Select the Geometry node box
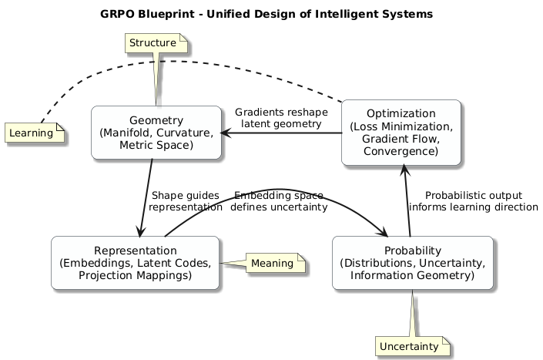(156, 133)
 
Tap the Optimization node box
(401, 133)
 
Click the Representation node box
(136, 263)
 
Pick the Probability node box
(412, 263)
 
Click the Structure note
(153, 42)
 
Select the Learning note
(35, 133)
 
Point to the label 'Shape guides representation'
(185, 201)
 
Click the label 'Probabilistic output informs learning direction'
(473, 201)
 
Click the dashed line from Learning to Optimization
(185, 61)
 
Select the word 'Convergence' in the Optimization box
(401, 151)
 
